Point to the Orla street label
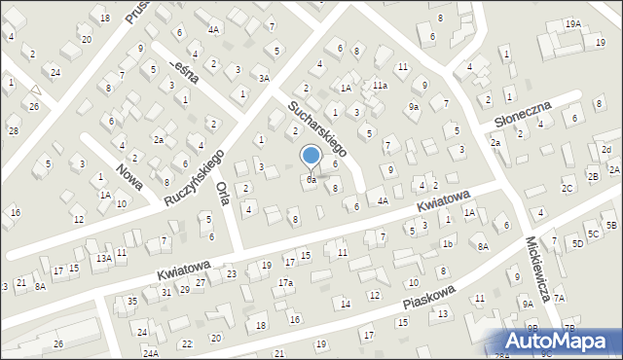click(x=223, y=191)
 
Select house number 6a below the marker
click(x=311, y=180)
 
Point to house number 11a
click(x=380, y=86)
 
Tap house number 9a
click(x=414, y=106)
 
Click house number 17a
click(x=285, y=283)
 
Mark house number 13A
click(x=103, y=258)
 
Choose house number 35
click(x=132, y=302)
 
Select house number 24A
click(x=150, y=353)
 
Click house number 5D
click(x=577, y=243)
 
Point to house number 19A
click(x=573, y=23)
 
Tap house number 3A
click(x=263, y=78)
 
